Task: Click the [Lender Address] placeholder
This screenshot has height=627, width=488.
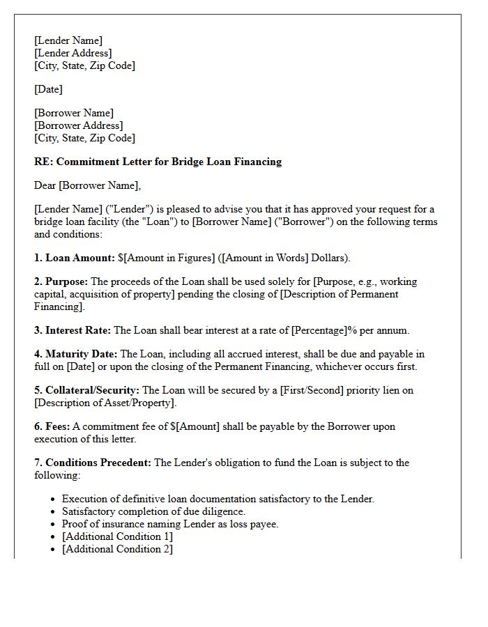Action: [x=73, y=53]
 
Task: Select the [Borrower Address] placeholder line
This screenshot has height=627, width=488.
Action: [x=78, y=125]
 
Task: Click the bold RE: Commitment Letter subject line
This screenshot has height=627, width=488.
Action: [x=158, y=162]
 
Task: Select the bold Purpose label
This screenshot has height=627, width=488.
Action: [x=67, y=281]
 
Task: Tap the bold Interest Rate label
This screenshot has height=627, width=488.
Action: [x=77, y=330]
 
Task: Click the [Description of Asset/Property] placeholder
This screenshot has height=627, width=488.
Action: [x=105, y=403]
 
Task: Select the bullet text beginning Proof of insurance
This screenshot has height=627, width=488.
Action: [x=170, y=524]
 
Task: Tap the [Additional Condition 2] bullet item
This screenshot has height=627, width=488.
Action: [x=117, y=549]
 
